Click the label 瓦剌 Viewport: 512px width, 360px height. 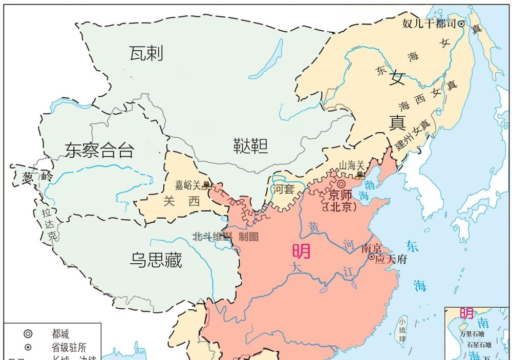pyautogui.click(x=146, y=53)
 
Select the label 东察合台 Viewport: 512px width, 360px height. pyautogui.click(x=99, y=150)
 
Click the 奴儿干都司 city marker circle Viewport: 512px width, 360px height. pyautogui.click(x=461, y=24)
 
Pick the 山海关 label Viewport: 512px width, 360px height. pyautogui.click(x=352, y=165)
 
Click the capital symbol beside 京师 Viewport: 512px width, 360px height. pyautogui.click(x=341, y=184)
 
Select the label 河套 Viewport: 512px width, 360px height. pyautogui.click(x=283, y=189)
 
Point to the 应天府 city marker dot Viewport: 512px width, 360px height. pyautogui.click(x=372, y=257)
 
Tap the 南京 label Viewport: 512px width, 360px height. pyautogui.click(x=372, y=248)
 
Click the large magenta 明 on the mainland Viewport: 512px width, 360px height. pyautogui.click(x=302, y=251)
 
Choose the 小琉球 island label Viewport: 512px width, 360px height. pyautogui.click(x=402, y=330)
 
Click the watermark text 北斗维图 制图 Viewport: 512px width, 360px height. pyautogui.click(x=225, y=237)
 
